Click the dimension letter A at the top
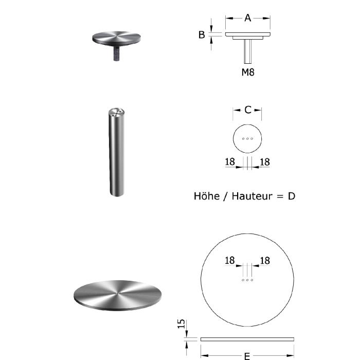pyautogui.click(x=247, y=18)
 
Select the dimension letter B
pyautogui.click(x=202, y=35)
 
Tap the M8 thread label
pyautogui.click(x=248, y=72)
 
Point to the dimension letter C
pyautogui.click(x=248, y=110)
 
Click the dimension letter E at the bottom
pyautogui.click(x=247, y=356)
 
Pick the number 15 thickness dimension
pyautogui.click(x=182, y=323)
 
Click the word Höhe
pyautogui.click(x=207, y=196)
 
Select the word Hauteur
pyautogui.click(x=253, y=196)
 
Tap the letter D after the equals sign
pyautogui.click(x=292, y=196)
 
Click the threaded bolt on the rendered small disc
pyautogui.click(x=117, y=53)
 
